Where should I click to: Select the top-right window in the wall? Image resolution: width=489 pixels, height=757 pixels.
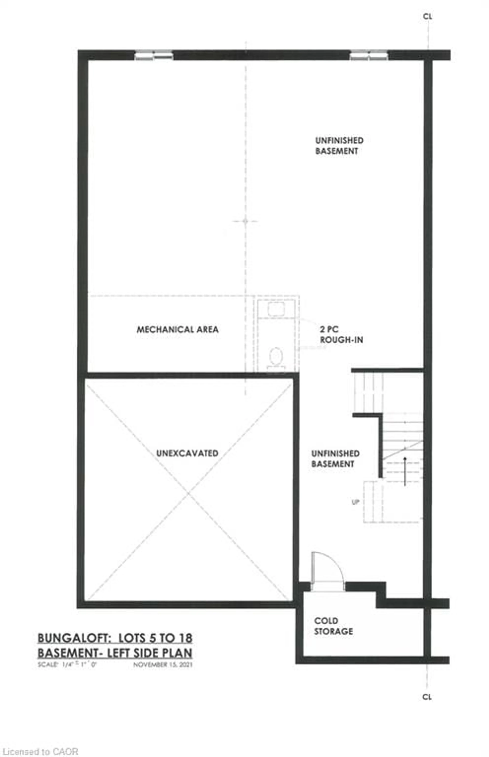click(369, 55)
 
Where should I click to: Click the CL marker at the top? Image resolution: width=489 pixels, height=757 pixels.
click(427, 17)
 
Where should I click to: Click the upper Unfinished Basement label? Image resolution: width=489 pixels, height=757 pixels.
click(339, 145)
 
